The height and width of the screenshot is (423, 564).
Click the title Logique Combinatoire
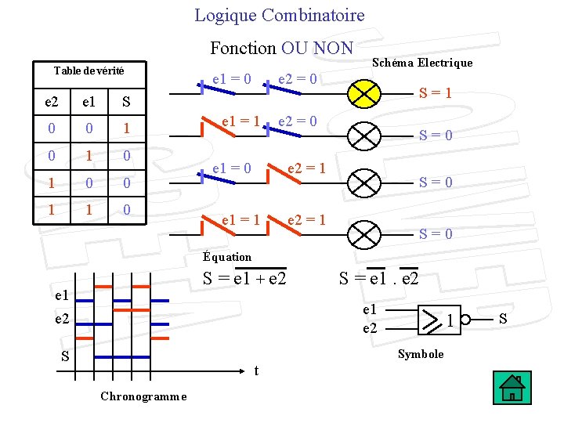[x=280, y=15]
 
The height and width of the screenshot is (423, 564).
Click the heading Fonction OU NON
[x=281, y=48]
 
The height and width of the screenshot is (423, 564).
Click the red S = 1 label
[x=436, y=93]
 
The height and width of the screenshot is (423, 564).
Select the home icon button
[x=513, y=388]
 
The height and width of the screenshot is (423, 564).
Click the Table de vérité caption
[x=89, y=70]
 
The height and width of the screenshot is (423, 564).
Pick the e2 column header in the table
[x=51, y=103]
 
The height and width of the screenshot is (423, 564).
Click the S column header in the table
[x=126, y=103]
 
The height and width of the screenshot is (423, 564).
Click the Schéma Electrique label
[x=421, y=63]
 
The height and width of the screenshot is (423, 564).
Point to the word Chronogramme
[x=143, y=396]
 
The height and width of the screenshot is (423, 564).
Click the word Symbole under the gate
[x=421, y=354]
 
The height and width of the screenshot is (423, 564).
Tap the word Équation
[x=227, y=257]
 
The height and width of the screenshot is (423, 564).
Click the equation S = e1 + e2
[x=244, y=278]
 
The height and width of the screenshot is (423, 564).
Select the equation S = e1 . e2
[x=378, y=278]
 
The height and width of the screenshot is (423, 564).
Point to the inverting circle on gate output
[x=465, y=319]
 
